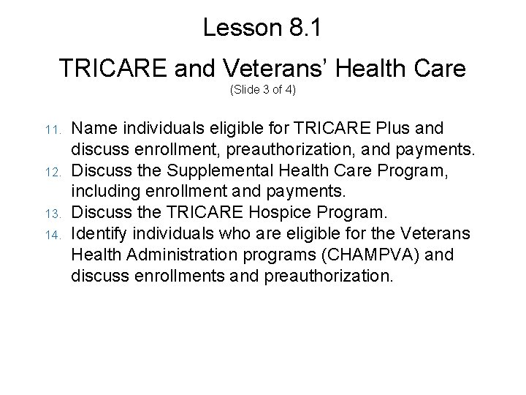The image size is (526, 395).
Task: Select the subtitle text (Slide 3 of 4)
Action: (x=262, y=91)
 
